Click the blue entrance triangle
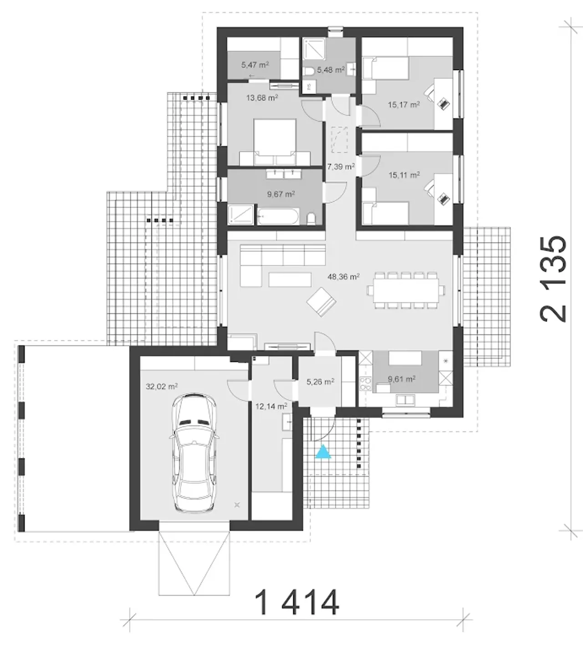pyautogui.click(x=323, y=451)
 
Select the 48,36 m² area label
pyautogui.click(x=344, y=277)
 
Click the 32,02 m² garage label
pyautogui.click(x=162, y=386)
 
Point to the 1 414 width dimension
pyautogui.click(x=297, y=603)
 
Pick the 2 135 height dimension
pyautogui.click(x=553, y=279)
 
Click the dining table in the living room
pyautogui.click(x=406, y=291)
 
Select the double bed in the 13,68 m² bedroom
pyautogui.click(x=275, y=142)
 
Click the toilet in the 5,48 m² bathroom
pyautogui.click(x=310, y=71)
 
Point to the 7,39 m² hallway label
pyautogui.click(x=341, y=167)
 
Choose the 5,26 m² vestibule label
pyautogui.click(x=320, y=382)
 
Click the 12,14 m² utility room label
pyautogui.click(x=271, y=406)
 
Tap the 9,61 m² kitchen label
pyautogui.click(x=402, y=379)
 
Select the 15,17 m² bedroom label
pyautogui.click(x=404, y=105)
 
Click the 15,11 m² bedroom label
pyautogui.click(x=404, y=175)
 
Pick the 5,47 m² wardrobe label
pyautogui.click(x=255, y=65)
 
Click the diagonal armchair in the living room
pyautogui.click(x=321, y=302)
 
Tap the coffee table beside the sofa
pyautogui.click(x=290, y=280)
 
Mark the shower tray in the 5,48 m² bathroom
pyautogui.click(x=314, y=49)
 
